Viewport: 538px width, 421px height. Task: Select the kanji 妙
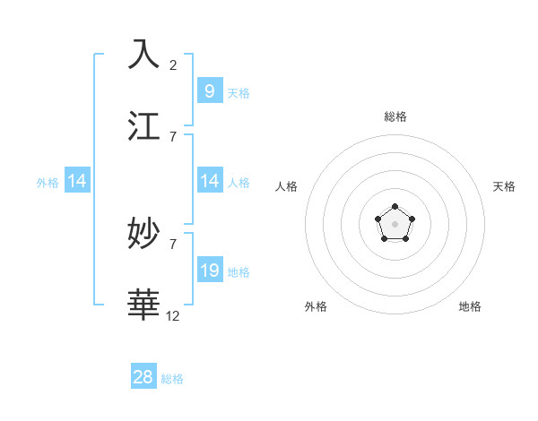click(144, 234)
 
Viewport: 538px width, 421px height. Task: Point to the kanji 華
click(144, 305)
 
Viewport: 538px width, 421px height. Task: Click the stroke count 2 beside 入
click(173, 64)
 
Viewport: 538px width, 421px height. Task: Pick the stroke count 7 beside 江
click(173, 136)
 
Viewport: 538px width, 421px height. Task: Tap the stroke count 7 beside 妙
click(173, 244)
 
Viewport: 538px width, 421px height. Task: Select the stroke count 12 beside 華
click(173, 315)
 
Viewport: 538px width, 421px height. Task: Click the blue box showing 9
click(209, 90)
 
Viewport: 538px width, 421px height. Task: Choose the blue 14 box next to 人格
click(209, 181)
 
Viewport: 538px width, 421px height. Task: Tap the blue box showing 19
click(209, 271)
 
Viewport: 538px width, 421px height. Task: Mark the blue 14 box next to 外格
click(77, 181)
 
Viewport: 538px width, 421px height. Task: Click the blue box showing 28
click(143, 377)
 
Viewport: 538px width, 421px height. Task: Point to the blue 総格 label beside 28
click(172, 379)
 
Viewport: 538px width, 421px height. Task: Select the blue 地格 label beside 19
click(239, 271)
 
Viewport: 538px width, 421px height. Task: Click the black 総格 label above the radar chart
click(395, 116)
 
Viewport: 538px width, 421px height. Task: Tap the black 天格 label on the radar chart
click(504, 186)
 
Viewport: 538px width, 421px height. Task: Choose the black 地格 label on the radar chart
click(470, 306)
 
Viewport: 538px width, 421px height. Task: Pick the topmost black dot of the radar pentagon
click(395, 207)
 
